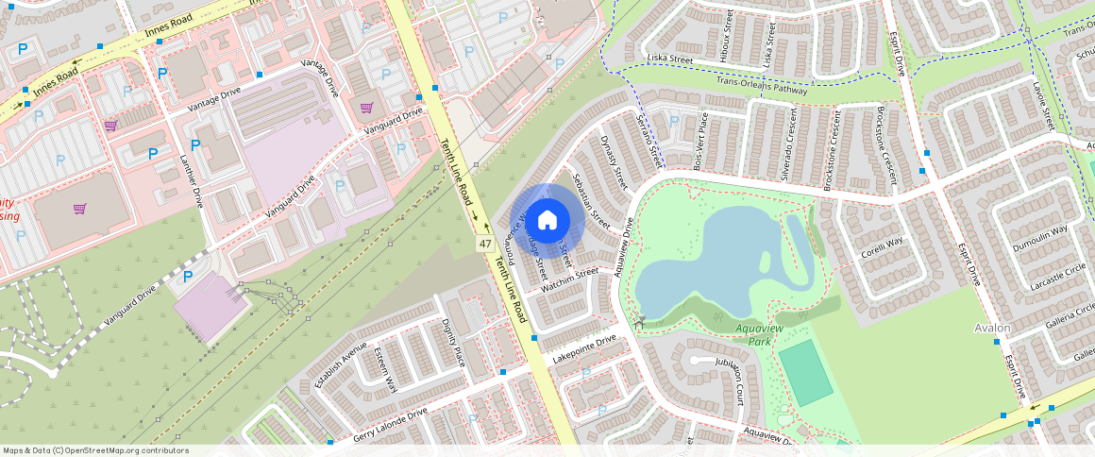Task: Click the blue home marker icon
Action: [x=547, y=222]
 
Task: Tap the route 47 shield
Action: [x=485, y=244]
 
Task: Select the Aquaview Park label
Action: [x=754, y=334]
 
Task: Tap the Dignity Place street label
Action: [x=453, y=343]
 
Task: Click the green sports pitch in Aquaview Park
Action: [x=805, y=372]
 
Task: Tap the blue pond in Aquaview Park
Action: [x=717, y=255]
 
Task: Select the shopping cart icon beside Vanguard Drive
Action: [x=366, y=107]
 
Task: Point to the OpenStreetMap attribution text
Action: [x=96, y=450]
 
